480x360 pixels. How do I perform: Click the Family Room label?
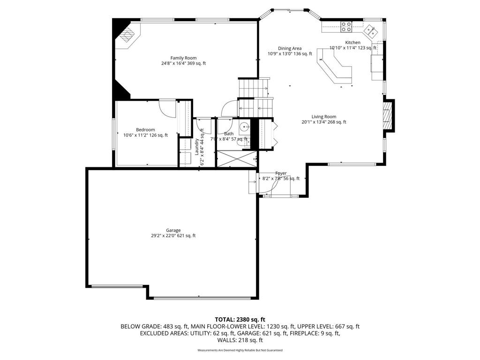[x=183, y=58]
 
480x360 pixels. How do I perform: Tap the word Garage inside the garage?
[x=173, y=230]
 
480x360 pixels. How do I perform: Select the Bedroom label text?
[x=145, y=130]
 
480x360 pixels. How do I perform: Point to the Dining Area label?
[x=290, y=48]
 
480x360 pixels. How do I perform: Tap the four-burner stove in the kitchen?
[x=346, y=27]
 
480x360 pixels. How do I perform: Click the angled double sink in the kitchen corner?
[x=371, y=31]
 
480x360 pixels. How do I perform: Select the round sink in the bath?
[x=244, y=127]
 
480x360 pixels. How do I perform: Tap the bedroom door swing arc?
[x=166, y=108]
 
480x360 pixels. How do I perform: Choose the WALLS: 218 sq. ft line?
[x=240, y=340]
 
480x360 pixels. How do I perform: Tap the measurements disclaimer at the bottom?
[x=240, y=350]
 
